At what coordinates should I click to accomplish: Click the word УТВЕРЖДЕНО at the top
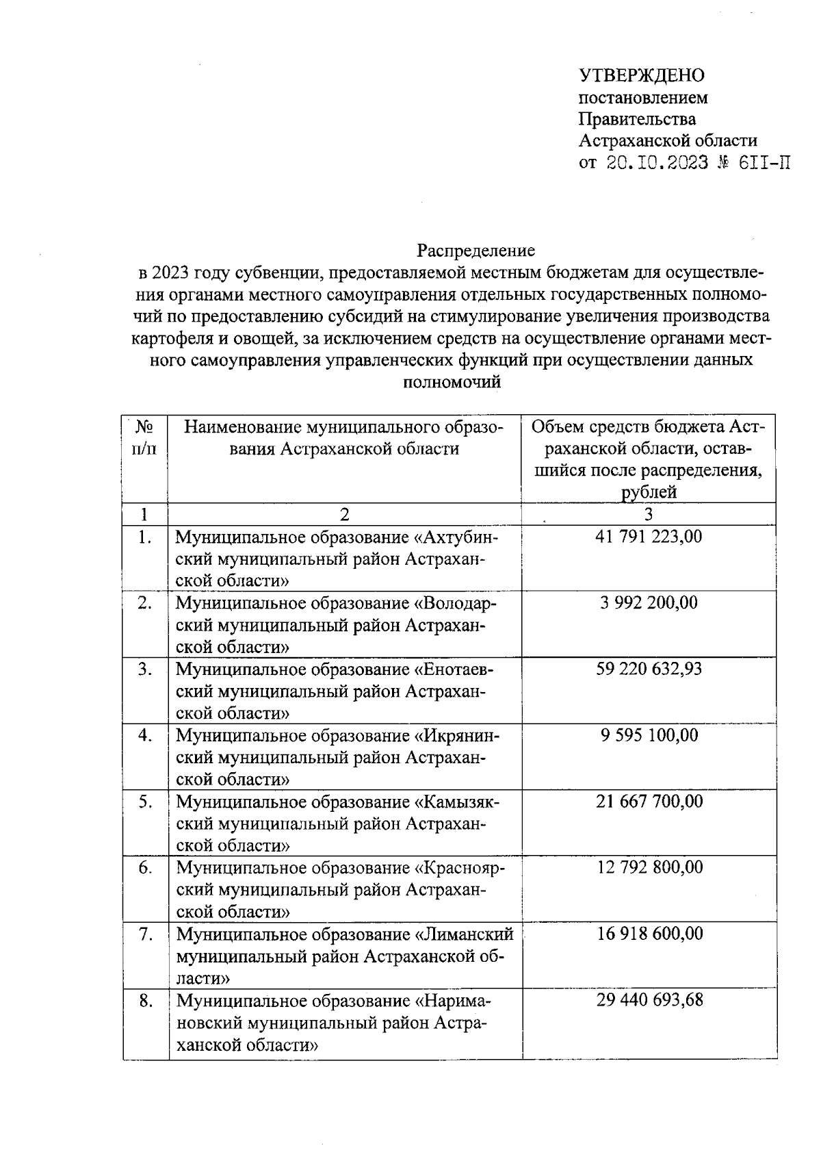coord(642,75)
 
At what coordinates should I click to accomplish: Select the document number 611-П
coord(761,164)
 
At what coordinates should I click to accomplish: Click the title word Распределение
coord(476,250)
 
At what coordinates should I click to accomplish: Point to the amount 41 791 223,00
coord(649,536)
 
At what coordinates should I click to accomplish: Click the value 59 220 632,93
coord(649,669)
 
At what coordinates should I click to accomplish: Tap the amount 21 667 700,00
coord(649,801)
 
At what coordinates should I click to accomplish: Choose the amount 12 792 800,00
coord(649,867)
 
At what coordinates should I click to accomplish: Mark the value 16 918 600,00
coord(649,934)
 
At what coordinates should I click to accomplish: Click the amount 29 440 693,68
coord(649,1000)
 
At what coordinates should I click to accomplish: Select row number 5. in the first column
coord(145,802)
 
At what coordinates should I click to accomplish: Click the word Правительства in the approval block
coord(637,119)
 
